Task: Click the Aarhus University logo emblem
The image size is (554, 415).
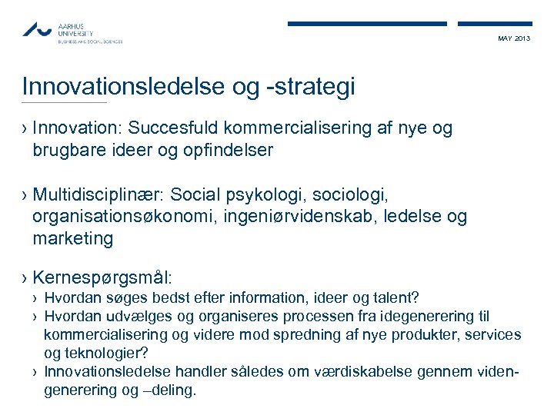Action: pyautogui.click(x=38, y=29)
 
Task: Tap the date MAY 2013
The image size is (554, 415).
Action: pyautogui.click(x=514, y=38)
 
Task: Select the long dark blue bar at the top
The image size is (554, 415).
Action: pyautogui.click(x=367, y=24)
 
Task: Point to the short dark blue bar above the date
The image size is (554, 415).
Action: pyautogui.click(x=494, y=24)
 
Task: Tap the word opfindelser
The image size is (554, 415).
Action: pyautogui.click(x=229, y=150)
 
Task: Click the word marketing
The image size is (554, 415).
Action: pyautogui.click(x=72, y=239)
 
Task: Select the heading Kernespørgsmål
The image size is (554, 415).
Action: pyautogui.click(x=102, y=276)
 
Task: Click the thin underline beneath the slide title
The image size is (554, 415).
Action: pyautogui.click(x=65, y=103)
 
